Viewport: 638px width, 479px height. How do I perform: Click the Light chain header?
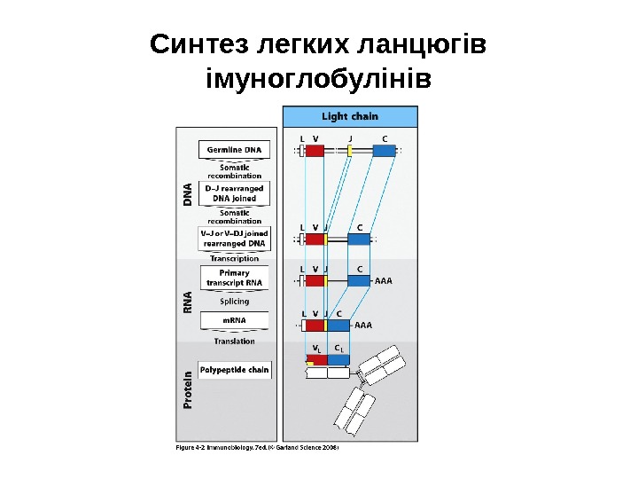(349, 116)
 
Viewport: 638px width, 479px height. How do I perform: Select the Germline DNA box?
(235, 150)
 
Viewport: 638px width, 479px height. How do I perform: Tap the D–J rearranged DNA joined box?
(235, 193)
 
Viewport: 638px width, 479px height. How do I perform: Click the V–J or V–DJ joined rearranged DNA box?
(235, 238)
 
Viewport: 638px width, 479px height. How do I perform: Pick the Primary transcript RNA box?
(235, 278)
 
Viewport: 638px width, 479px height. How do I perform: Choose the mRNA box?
(235, 319)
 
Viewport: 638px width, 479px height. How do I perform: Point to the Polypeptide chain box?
(235, 369)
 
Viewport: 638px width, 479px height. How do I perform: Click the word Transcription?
(235, 258)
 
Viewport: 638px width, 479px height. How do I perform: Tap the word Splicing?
(235, 301)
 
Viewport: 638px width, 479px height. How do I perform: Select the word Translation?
(235, 341)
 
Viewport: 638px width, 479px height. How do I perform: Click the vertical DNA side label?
(187, 195)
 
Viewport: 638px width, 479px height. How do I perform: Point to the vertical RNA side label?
(187, 302)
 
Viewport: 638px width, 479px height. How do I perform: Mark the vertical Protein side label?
(187, 389)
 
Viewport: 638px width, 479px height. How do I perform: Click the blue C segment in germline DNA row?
(384, 151)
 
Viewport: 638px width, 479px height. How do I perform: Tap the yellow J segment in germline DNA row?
(350, 151)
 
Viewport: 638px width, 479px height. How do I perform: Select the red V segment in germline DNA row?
(315, 151)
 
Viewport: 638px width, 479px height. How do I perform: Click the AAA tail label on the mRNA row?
(363, 325)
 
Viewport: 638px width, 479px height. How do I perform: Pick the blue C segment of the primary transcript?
(359, 280)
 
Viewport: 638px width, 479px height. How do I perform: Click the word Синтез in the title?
(199, 43)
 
